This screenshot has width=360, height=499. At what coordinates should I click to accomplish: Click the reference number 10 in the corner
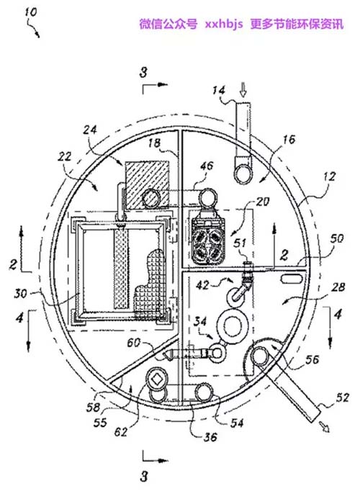[x=31, y=12]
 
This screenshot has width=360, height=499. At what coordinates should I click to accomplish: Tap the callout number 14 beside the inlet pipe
[x=219, y=91]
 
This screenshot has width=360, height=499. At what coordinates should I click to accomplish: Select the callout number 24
[x=90, y=130]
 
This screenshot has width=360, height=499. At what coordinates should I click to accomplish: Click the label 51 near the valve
[x=240, y=243]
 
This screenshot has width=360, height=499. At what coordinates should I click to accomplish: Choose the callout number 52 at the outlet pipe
[x=342, y=397]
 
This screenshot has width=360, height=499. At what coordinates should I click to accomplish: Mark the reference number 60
[x=134, y=343]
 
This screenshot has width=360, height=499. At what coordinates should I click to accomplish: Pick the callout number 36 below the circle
[x=210, y=437]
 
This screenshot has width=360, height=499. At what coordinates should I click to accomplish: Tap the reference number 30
[x=20, y=293]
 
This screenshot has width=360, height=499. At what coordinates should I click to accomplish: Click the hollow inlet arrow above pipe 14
[x=243, y=89]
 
